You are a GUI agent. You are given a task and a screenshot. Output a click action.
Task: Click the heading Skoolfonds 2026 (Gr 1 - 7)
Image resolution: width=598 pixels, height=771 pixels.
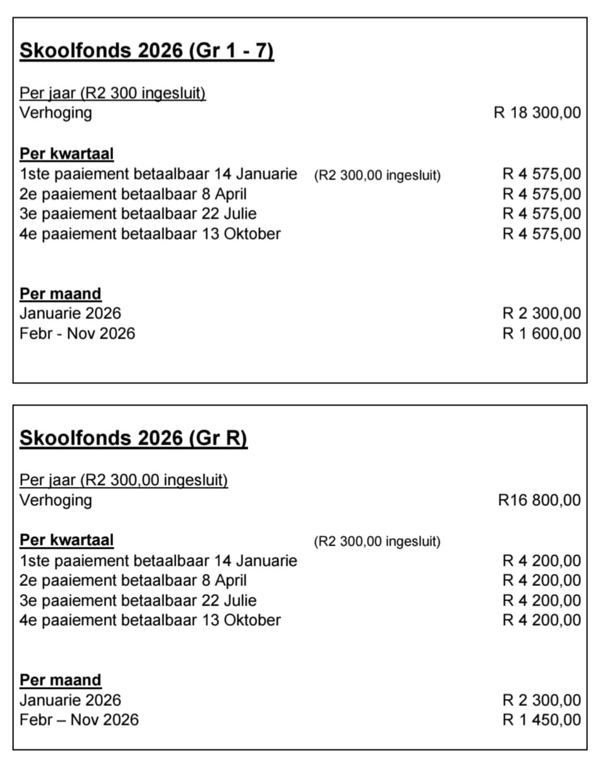tap(147, 51)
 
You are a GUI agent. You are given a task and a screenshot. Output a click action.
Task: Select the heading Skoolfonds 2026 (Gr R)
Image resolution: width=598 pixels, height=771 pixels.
tap(133, 438)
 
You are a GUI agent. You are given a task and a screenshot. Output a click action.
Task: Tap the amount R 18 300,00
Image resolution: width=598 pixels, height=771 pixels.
tap(537, 113)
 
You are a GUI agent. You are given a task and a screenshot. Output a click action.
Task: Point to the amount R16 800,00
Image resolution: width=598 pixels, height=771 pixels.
tap(539, 500)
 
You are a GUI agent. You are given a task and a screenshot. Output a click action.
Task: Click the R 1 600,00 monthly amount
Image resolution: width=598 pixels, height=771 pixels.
tap(541, 333)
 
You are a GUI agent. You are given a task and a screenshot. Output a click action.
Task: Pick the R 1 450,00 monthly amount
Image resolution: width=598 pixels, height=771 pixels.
tap(541, 720)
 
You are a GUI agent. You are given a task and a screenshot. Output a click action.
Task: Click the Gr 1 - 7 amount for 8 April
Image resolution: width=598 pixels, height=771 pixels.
tap(541, 194)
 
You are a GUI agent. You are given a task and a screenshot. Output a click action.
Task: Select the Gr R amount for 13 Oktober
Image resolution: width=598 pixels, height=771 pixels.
tap(541, 620)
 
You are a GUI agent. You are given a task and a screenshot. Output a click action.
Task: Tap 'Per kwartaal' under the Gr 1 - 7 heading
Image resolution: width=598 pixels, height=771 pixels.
tap(66, 153)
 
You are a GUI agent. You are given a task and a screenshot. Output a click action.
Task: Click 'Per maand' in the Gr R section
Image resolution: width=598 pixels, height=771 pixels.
tap(60, 680)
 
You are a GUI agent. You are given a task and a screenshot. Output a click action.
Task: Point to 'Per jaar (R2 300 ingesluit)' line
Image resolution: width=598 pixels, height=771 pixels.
tap(112, 93)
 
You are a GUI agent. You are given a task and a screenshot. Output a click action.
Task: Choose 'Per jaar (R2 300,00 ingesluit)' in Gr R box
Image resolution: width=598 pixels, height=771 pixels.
tap(124, 480)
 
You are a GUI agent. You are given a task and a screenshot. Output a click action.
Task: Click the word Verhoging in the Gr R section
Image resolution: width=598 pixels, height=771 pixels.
tap(56, 500)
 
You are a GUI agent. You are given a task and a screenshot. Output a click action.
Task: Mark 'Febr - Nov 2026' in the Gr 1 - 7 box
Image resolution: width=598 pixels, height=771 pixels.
tap(77, 333)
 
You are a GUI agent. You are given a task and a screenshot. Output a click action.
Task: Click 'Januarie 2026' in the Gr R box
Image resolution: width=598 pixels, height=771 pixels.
tap(70, 700)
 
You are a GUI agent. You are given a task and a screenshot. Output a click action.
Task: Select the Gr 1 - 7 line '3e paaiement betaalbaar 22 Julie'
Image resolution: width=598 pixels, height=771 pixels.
tap(138, 213)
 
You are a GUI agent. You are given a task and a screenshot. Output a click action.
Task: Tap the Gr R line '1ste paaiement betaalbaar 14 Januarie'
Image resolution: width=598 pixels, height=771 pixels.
tap(158, 560)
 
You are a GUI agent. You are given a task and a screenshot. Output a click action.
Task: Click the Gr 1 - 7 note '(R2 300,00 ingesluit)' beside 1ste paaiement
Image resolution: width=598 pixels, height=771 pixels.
tap(377, 176)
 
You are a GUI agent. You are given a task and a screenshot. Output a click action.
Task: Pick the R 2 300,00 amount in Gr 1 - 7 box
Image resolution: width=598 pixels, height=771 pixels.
tap(541, 313)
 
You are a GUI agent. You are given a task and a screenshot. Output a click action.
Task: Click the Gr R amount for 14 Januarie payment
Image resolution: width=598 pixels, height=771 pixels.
tap(541, 560)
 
